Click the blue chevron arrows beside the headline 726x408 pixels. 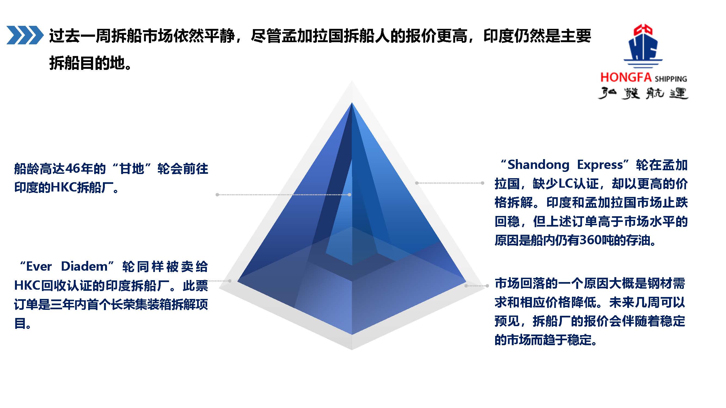tap(25, 35)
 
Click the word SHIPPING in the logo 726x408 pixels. tap(671, 79)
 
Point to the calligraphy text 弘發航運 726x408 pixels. tap(643, 94)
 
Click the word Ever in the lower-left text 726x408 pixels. tap(39, 266)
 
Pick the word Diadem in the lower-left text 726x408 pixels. tap(84, 266)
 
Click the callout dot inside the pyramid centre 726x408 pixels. tap(350, 194)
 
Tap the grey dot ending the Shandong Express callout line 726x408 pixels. tap(482, 183)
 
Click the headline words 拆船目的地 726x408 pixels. tap(87, 63)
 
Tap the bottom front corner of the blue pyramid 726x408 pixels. tap(352, 335)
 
